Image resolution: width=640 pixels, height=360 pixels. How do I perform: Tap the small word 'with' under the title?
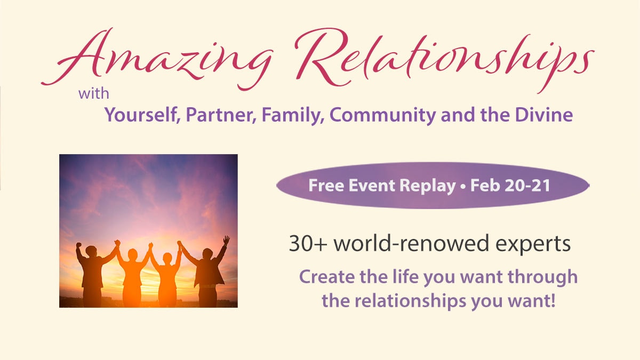click(x=94, y=94)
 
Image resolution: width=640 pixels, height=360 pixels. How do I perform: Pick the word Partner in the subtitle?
click(x=221, y=115)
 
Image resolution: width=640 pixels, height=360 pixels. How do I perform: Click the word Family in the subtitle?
click(x=293, y=115)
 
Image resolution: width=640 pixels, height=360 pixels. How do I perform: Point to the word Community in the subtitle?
click(x=383, y=115)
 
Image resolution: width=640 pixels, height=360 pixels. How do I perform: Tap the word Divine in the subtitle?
click(x=543, y=115)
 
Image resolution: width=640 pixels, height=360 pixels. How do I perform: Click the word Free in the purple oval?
click(x=326, y=186)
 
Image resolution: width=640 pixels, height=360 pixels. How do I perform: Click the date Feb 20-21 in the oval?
click(x=510, y=186)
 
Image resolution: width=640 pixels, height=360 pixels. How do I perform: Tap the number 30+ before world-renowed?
click(x=308, y=244)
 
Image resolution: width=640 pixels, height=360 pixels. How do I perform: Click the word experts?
click(x=533, y=245)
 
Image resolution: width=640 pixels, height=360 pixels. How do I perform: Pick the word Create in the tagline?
click(x=327, y=277)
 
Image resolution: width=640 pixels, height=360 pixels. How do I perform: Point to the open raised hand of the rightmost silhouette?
click(x=226, y=240)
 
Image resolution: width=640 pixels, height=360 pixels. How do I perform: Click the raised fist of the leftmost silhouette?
click(x=78, y=245)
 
